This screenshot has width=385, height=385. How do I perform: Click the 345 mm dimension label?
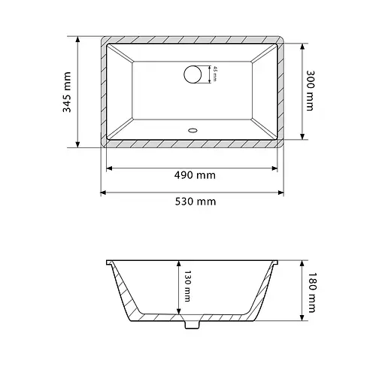67,92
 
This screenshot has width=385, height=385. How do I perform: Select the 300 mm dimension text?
311,90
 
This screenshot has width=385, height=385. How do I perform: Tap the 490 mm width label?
195,175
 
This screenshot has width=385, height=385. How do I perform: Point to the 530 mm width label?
196,202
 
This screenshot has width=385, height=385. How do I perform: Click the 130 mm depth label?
187,286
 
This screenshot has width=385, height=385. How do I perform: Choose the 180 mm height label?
311,293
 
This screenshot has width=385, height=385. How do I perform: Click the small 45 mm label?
215,74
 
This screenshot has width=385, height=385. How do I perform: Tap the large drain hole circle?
192,74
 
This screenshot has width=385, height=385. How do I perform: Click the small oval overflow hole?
192,130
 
